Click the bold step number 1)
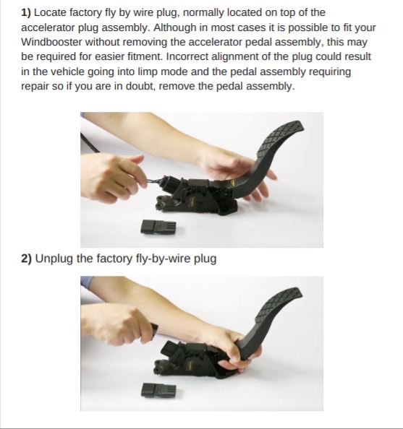[x=26, y=12]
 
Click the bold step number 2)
[x=26, y=259]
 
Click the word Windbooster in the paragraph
[x=51, y=42]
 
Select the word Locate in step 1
[x=50, y=12]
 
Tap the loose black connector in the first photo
[x=158, y=227]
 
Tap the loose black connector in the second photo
[x=158, y=390]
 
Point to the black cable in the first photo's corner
[x=90, y=143]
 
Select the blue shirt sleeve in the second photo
[x=87, y=282]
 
